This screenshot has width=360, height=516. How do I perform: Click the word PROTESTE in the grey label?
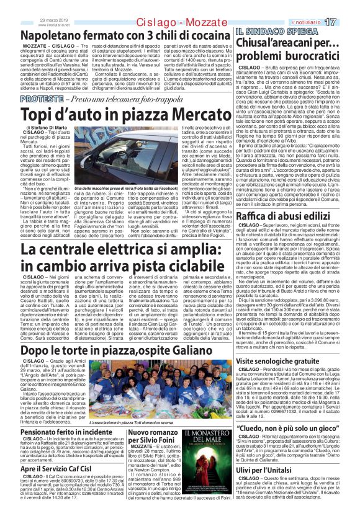pos(42,99)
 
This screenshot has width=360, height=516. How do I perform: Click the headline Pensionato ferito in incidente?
pos(67,432)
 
